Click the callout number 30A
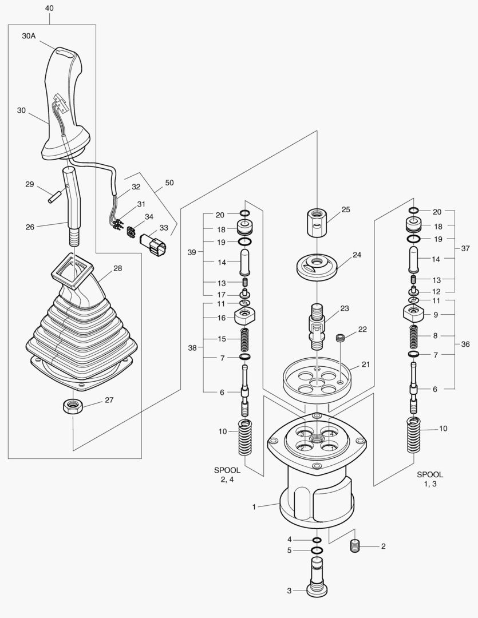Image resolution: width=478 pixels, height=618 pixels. pyautogui.click(x=29, y=35)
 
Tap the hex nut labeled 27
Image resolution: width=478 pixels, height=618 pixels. pyautogui.click(x=73, y=406)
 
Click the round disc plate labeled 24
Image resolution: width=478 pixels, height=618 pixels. pyautogui.click(x=317, y=265)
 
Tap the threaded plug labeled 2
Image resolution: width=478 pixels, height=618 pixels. pyautogui.click(x=355, y=547)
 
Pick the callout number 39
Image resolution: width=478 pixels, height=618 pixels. pyautogui.click(x=193, y=252)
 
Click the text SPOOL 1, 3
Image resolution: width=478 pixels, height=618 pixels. pyautogui.click(x=429, y=480)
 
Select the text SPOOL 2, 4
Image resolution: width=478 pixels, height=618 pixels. pyautogui.click(x=227, y=475)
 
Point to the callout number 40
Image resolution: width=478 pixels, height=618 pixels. pyautogui.click(x=49, y=8)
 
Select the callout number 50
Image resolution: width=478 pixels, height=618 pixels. pyautogui.click(x=169, y=183)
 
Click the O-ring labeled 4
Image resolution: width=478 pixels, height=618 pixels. pyautogui.click(x=317, y=540)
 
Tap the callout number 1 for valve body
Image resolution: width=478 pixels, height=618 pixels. pyautogui.click(x=254, y=506)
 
